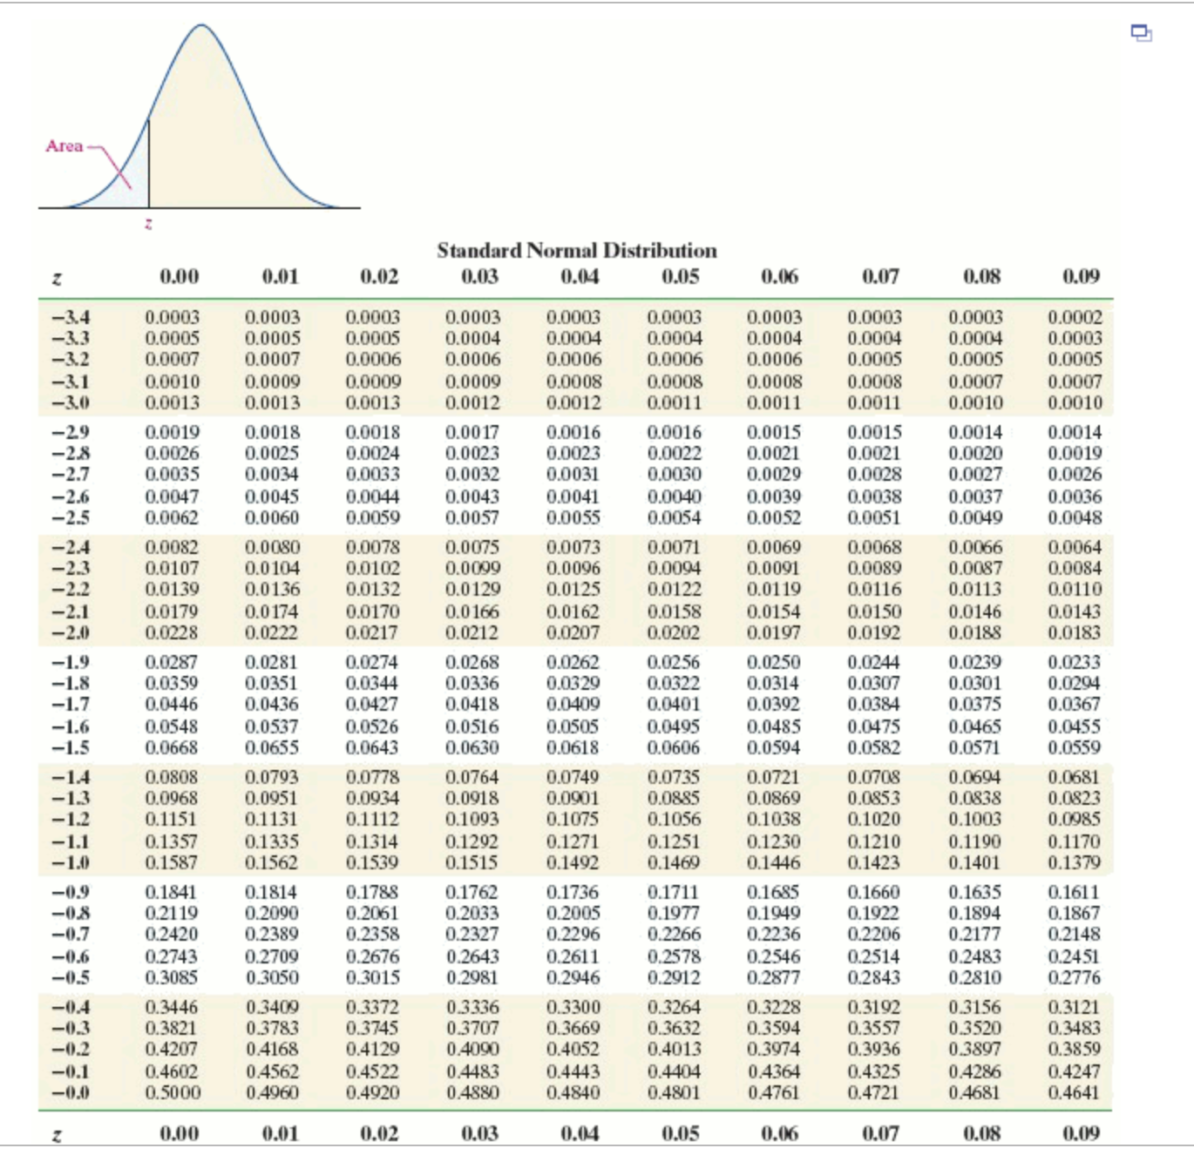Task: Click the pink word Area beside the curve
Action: [64, 146]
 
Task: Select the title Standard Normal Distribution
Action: [577, 251]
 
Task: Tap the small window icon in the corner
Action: [1141, 33]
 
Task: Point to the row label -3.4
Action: [71, 318]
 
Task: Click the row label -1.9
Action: [71, 663]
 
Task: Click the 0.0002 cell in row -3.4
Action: [1075, 318]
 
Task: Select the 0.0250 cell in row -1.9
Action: [774, 663]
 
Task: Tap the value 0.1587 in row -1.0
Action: [172, 863]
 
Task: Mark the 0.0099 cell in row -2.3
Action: [472, 569]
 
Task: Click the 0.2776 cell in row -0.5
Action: [1075, 978]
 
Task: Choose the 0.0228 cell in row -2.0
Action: [172, 633]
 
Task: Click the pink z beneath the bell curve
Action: [148, 224]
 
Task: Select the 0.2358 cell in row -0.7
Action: [372, 935]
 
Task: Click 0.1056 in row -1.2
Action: [674, 820]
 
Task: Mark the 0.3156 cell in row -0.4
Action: [975, 1008]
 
